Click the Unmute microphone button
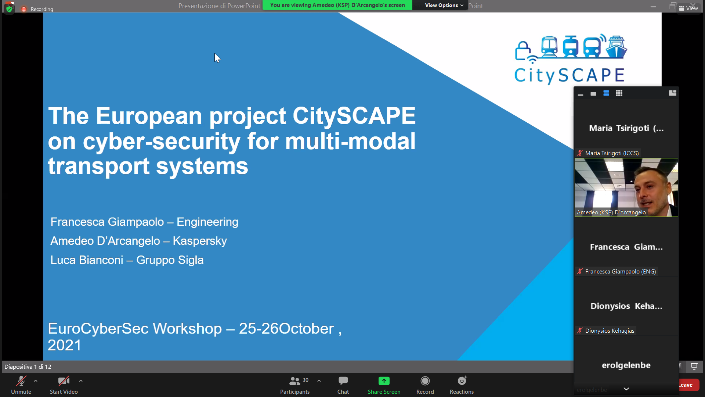(21, 381)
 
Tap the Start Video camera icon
(64, 381)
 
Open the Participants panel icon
(294, 381)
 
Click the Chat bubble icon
(343, 380)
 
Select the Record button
(425, 381)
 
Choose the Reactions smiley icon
(462, 380)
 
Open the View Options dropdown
(444, 5)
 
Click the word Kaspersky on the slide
(200, 241)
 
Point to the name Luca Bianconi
(87, 260)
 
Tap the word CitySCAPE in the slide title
(354, 116)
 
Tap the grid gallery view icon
(619, 93)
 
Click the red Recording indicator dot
(24, 9)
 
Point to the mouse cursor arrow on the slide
(217, 58)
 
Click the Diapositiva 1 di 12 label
(28, 367)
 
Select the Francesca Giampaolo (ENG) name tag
(621, 272)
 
